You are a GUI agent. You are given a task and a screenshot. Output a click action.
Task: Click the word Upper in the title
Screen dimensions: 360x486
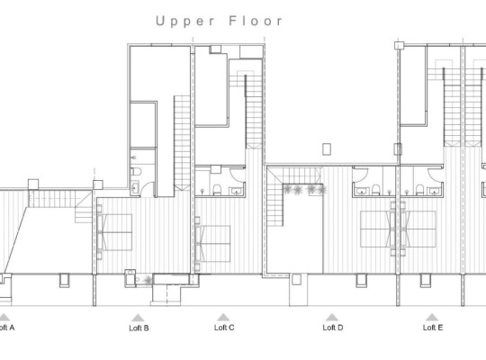tap(184, 20)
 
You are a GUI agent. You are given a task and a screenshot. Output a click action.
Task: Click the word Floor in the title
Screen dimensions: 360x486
tap(255, 20)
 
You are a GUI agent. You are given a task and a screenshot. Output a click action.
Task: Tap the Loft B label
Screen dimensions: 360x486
tap(139, 328)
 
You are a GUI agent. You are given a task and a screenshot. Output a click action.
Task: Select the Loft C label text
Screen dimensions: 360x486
tap(224, 328)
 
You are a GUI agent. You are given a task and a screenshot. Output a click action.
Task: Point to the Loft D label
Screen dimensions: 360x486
tap(333, 328)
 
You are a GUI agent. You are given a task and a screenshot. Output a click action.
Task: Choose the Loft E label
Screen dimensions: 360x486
tap(433, 328)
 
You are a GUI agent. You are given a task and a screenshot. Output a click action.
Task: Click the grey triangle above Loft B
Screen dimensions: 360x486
tap(137, 317)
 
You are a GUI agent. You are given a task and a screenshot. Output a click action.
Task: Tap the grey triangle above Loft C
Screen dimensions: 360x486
tap(223, 317)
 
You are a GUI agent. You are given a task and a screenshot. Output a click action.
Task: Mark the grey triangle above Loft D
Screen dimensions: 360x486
tap(331, 317)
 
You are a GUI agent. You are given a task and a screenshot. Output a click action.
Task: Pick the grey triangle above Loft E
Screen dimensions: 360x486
tap(432, 317)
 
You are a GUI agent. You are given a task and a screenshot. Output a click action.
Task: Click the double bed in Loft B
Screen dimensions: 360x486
tap(114, 230)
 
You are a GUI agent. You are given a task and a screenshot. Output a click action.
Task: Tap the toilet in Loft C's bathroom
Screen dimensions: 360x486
tap(219, 189)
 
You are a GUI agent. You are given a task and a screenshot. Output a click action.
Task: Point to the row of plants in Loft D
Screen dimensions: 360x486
tap(303, 189)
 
